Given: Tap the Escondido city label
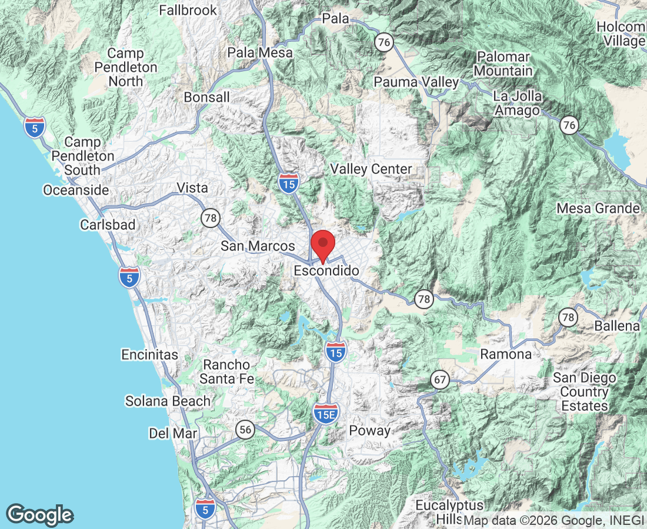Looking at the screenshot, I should pos(326,271).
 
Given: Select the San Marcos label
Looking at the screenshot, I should pos(258,246).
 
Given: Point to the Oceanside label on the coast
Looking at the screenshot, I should pos(76,190).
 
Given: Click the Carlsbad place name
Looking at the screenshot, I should pos(108,225).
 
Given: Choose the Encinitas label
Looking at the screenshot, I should pos(149,354).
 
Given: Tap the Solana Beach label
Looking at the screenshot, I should pos(168,401).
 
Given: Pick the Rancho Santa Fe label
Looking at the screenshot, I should pos(226,372).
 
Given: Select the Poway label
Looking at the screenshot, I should pos(369,430).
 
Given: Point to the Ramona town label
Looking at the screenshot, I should pos(506,354).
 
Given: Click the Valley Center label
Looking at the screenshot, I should pos(371,169).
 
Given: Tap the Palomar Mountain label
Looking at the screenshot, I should pos(504,63).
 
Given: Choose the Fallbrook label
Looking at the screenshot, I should pos(188,10).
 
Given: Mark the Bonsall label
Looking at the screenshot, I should pos(206,97).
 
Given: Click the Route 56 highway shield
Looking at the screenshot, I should pos(245,430).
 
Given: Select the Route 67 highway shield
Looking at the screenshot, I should pos(439,380).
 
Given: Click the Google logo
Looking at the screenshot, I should pos(41,514).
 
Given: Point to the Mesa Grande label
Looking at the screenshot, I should pos(598,209).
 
